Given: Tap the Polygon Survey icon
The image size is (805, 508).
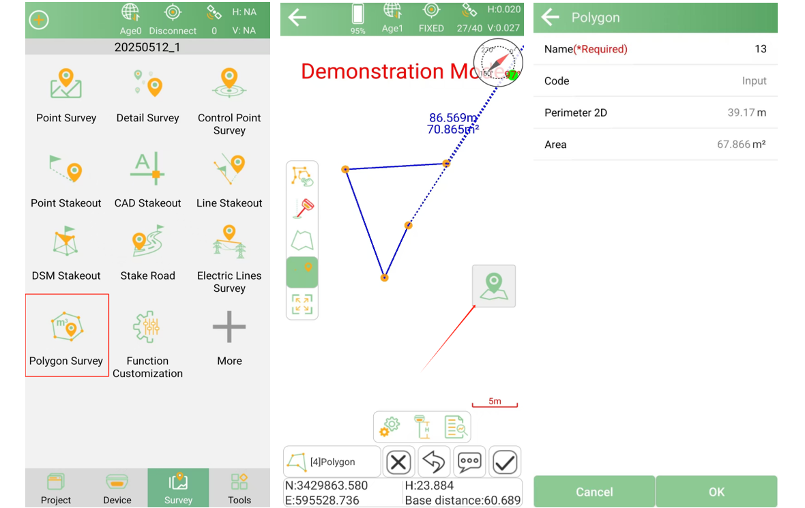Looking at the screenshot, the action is (67, 327).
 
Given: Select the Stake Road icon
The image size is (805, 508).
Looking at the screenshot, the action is (148, 241).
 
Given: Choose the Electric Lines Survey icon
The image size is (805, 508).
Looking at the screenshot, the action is (229, 241).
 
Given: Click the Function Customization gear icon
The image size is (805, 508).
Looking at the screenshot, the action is (147, 327).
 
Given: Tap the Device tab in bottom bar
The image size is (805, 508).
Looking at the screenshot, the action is (117, 488).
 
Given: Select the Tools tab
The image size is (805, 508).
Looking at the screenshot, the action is (239, 488).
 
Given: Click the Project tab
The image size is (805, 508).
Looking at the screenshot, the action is (56, 488).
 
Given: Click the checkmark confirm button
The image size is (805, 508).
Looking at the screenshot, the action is (505, 462).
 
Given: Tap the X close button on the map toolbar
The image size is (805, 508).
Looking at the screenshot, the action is (398, 462).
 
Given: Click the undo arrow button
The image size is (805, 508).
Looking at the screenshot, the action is (434, 462).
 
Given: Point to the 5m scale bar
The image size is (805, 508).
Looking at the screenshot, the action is (495, 405).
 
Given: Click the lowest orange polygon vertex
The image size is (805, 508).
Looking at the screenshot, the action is (384, 278).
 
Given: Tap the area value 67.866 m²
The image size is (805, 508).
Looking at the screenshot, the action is (742, 145).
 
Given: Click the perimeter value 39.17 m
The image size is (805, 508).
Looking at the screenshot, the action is (746, 113).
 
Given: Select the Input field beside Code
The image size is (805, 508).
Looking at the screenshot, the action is (754, 81).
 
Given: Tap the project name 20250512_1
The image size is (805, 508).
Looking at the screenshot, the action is (147, 47).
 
